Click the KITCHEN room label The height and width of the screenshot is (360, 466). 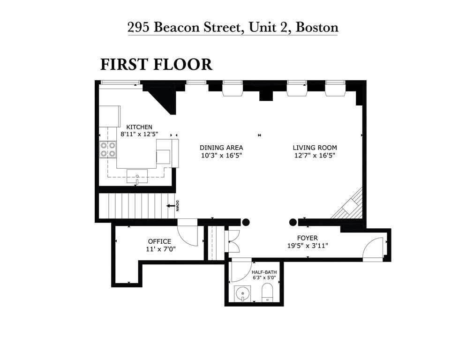139,127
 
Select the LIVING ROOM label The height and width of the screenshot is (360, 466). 315,147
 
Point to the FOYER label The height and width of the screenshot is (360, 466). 307,238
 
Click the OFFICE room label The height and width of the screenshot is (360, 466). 159,241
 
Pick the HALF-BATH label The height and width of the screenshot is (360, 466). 263,271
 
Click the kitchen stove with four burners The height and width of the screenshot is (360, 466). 108,150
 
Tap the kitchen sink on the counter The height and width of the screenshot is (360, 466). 137,176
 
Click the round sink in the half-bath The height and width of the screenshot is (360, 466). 243,294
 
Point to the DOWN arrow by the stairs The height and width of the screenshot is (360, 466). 173,206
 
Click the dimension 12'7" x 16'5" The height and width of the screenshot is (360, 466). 315,155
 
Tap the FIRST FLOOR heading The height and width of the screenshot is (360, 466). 156,64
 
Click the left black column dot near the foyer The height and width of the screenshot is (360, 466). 246,222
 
